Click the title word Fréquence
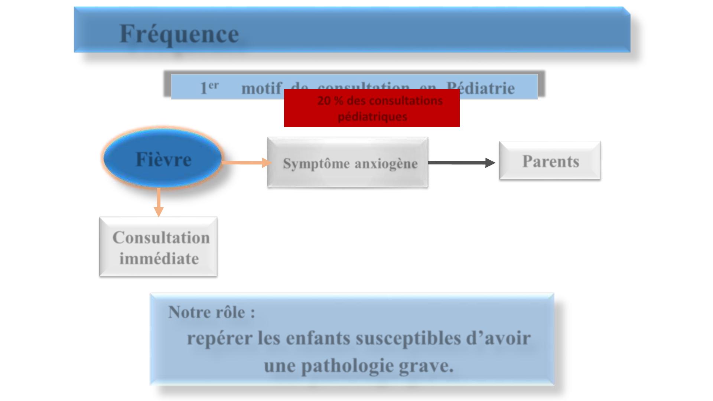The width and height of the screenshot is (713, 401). click(179, 34)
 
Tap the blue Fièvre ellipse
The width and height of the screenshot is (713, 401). click(163, 159)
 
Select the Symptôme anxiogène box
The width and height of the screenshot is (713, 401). click(348, 162)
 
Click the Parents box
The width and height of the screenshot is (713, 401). click(550, 161)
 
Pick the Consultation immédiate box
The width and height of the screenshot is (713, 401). click(158, 247)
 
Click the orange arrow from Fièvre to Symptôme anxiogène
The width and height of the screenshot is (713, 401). click(245, 162)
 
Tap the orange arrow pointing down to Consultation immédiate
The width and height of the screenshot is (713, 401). click(159, 202)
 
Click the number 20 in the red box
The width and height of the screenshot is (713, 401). click(323, 101)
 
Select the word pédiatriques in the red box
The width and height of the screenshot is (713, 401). click(372, 117)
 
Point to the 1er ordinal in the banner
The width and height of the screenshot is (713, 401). click(209, 88)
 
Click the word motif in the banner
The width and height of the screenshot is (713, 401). click(261, 88)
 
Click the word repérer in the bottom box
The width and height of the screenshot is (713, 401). click(219, 338)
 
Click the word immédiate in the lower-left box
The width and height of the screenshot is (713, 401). click(159, 258)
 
